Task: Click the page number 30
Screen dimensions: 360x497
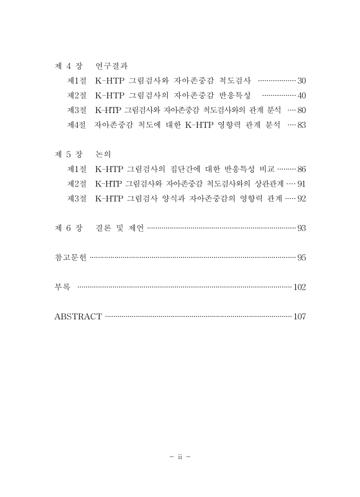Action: (302, 81)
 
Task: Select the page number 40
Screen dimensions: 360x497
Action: (302, 96)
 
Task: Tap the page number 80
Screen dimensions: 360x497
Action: (302, 111)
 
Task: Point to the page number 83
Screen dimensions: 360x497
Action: (302, 125)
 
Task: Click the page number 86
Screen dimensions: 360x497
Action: (302, 169)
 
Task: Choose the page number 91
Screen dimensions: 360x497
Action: (302, 184)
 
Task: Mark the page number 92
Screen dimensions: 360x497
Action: (302, 199)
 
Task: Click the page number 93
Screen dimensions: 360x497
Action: (302, 228)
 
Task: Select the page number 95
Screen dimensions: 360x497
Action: (302, 257)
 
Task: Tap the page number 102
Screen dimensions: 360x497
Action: (300, 287)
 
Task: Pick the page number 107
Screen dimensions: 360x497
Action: (300, 316)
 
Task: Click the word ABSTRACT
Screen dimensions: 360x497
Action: (78, 316)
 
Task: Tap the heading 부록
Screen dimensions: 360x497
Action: (63, 287)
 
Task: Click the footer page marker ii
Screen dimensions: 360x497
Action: (180, 458)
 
